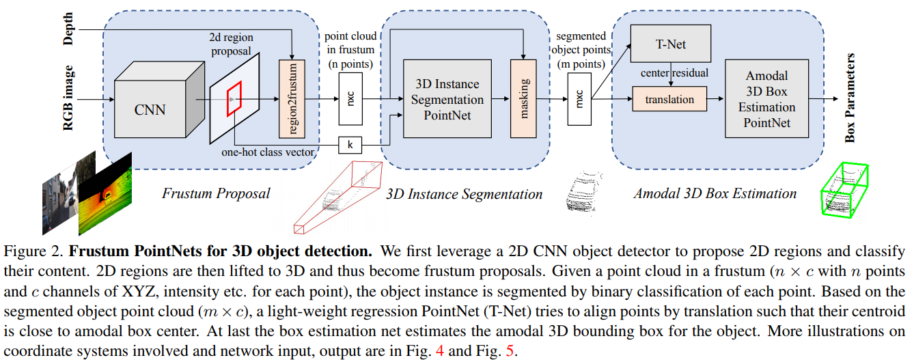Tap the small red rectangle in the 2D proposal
(x=234, y=100)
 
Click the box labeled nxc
(x=350, y=100)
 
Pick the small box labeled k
(x=350, y=145)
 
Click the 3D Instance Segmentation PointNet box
(x=447, y=100)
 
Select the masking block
(x=525, y=100)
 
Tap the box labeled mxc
(x=579, y=100)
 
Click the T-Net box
(x=670, y=45)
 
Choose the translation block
(x=669, y=100)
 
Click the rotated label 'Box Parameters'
(x=850, y=98)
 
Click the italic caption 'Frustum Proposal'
(x=216, y=193)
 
